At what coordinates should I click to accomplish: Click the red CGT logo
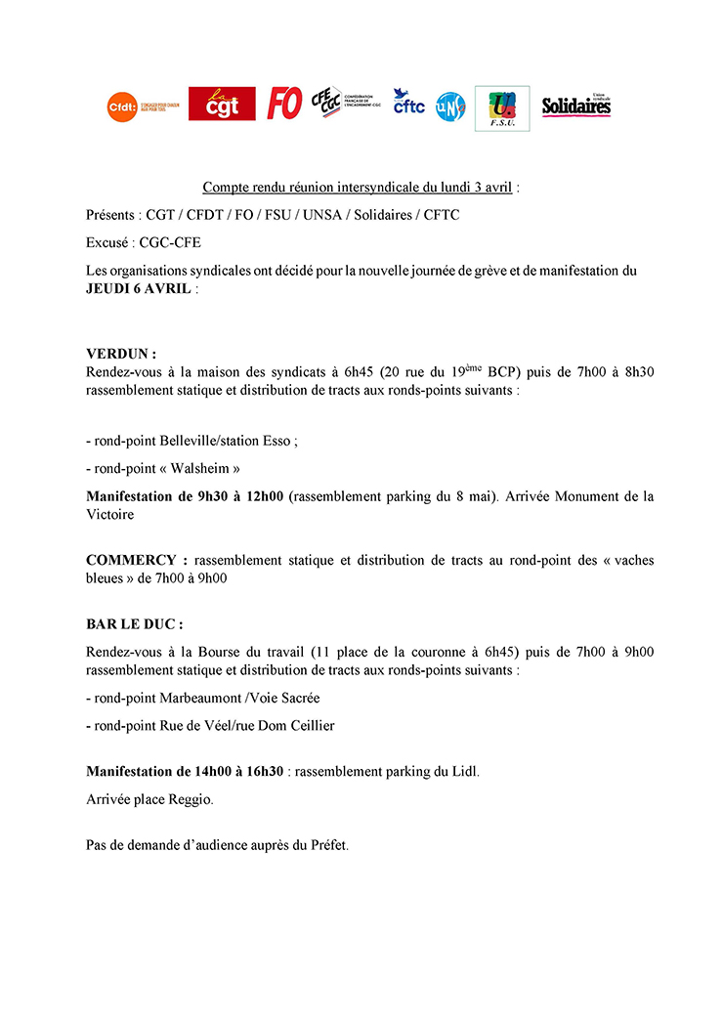222,104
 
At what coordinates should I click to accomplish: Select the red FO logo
284,104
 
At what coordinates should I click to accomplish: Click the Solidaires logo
576,105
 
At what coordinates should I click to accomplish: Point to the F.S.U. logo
502,107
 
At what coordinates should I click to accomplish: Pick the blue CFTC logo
408,103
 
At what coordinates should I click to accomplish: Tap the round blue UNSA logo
450,106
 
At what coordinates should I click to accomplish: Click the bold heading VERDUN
120,354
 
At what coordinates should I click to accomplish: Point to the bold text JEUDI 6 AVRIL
138,289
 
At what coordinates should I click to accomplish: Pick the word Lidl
463,771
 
